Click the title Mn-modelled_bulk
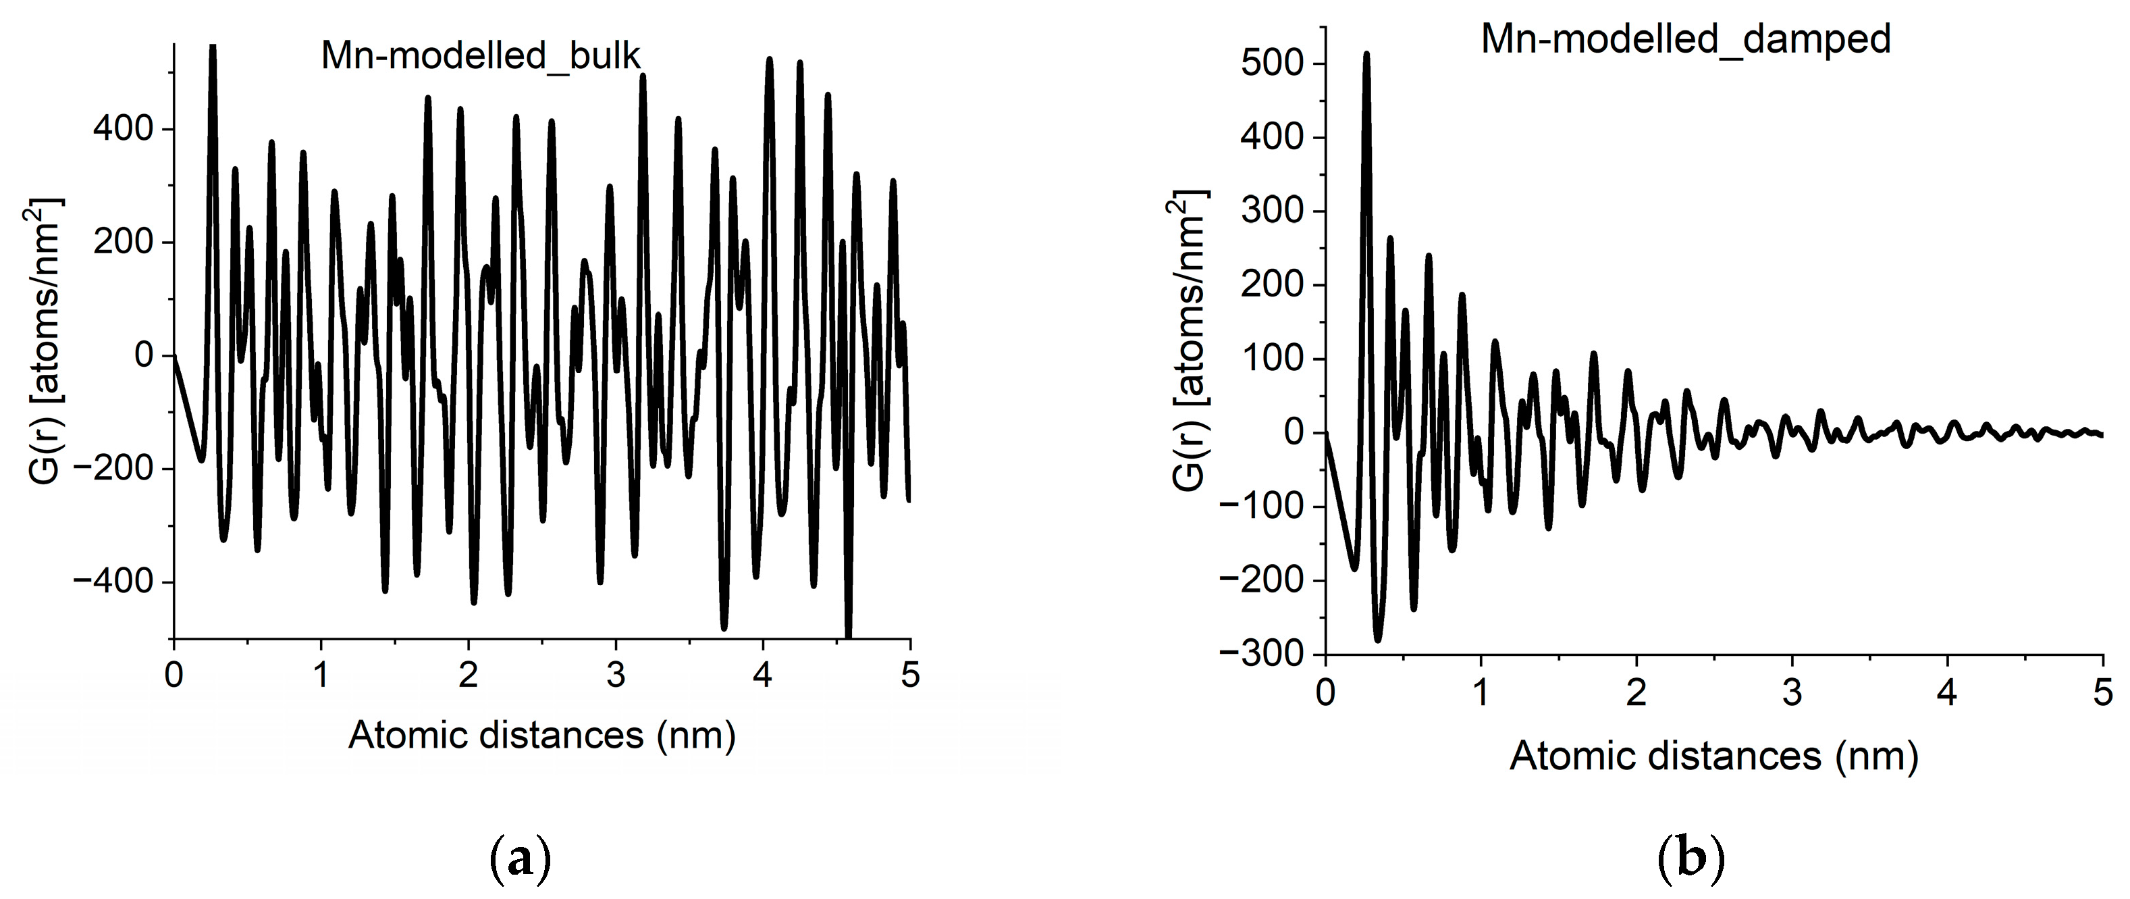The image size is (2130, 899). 481,56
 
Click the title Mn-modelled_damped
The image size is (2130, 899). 1685,39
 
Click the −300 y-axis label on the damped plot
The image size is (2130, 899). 1263,654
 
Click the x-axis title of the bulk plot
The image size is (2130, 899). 541,734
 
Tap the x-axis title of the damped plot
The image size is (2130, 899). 1713,755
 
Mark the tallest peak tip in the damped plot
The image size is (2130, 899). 1366,54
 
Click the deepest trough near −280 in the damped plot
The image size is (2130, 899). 1377,640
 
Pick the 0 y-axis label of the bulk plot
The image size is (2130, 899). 144,356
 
